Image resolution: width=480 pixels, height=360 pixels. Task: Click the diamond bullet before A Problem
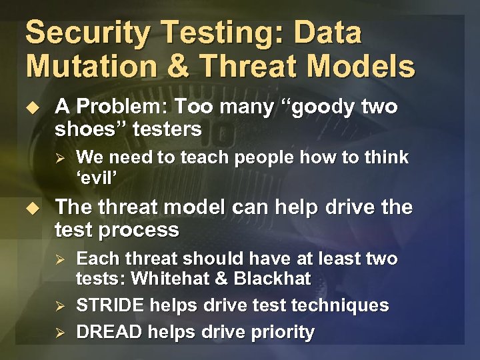pos(37,107)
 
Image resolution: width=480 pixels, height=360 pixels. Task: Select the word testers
pos(167,129)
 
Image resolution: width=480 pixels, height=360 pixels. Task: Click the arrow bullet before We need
pos(59,158)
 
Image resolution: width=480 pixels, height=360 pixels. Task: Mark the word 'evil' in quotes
pos(97,177)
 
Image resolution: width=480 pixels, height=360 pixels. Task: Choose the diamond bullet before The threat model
pos(37,207)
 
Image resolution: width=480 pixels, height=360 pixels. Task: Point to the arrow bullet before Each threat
pos(59,259)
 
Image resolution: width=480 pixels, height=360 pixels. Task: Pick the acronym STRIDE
pos(109,305)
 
